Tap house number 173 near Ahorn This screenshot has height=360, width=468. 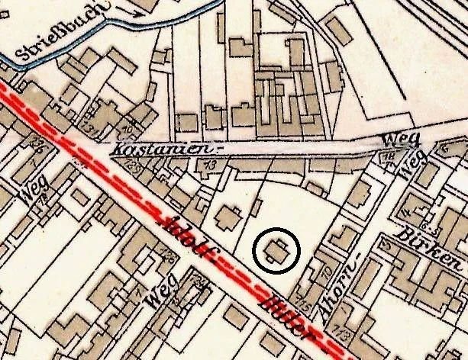click(x=339, y=333)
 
